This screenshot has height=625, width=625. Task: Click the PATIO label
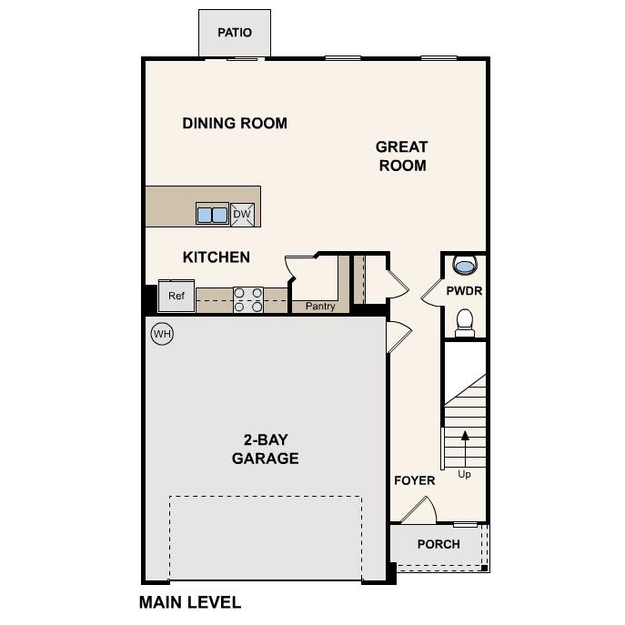click(234, 33)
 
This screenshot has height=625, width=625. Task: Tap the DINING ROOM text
click(235, 123)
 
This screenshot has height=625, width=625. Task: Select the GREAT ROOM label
click(401, 156)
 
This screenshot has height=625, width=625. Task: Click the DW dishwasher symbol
click(242, 215)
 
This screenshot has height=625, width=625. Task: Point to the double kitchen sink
click(212, 215)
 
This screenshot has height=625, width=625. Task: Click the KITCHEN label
click(217, 257)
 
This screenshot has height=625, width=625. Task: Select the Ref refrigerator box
click(176, 297)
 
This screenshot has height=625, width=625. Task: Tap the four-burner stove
click(248, 299)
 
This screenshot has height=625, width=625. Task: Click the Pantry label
click(320, 307)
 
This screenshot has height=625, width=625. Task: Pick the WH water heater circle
click(162, 334)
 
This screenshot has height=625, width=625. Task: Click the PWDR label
click(464, 291)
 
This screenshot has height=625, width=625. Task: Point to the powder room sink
click(465, 267)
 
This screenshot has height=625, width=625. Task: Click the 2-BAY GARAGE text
click(265, 449)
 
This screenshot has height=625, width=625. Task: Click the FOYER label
click(414, 480)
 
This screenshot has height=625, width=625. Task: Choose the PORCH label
click(439, 544)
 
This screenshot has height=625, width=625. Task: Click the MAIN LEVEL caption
click(190, 602)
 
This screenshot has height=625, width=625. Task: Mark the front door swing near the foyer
click(419, 511)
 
